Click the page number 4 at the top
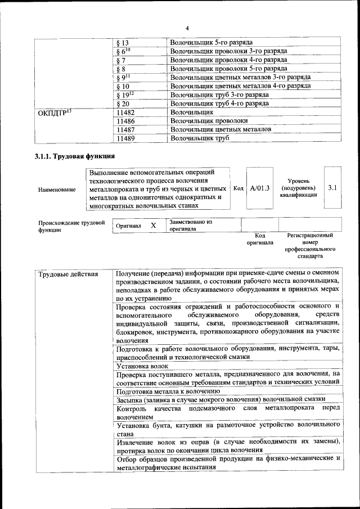point(187,28)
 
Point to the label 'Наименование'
point(57,190)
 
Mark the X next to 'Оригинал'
point(153,226)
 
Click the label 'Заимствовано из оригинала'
point(191,226)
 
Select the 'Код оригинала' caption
point(259,239)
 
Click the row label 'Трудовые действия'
point(68,274)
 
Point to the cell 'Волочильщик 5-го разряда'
point(211,43)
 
